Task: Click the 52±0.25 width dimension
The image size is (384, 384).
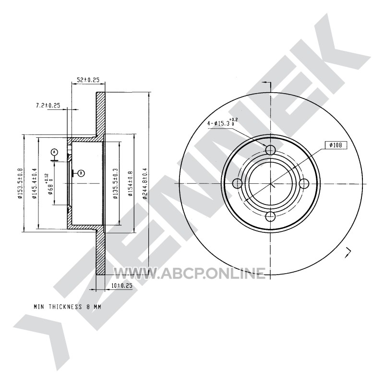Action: click(x=88, y=80)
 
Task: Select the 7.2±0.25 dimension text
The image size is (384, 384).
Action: click(x=48, y=106)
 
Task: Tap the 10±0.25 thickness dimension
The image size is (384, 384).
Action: click(x=122, y=286)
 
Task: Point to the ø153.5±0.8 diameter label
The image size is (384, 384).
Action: click(x=20, y=183)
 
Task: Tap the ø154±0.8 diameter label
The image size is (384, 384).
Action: click(x=130, y=184)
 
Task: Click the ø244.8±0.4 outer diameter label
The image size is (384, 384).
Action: click(x=145, y=183)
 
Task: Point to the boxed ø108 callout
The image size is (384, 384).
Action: click(x=336, y=145)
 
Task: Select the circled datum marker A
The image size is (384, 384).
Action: click(x=54, y=152)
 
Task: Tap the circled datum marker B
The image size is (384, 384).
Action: click(x=81, y=173)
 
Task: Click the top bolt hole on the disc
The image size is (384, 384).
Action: click(x=270, y=150)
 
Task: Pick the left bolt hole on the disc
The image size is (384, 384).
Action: click(x=237, y=183)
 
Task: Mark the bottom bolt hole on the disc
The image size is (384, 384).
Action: click(x=270, y=216)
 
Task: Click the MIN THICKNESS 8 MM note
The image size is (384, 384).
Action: click(x=67, y=307)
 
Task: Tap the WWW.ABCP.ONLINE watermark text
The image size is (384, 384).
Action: click(x=189, y=273)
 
